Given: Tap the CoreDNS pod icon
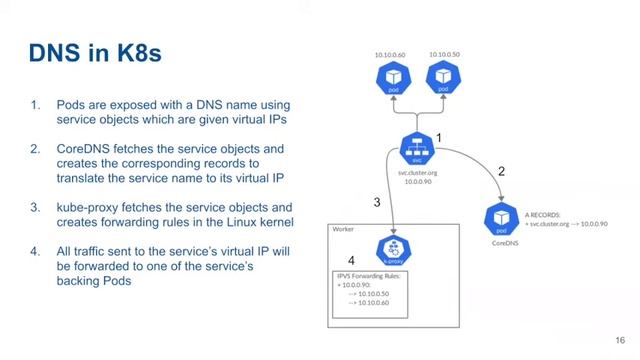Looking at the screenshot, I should coord(502,217).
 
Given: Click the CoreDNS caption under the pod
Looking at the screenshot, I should coord(502,241).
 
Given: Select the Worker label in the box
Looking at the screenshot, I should coord(342,229).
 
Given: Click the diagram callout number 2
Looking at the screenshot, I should coord(501,172).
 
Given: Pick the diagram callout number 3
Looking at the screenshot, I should coord(377,202).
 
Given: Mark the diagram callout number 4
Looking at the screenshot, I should coord(350,261).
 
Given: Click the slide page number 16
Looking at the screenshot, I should coord(620,339).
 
